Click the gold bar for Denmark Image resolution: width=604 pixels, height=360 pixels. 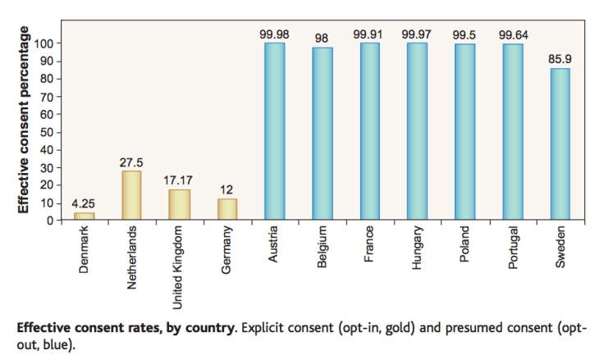coord(84,216)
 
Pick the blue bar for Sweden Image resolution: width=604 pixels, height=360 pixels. coord(559,144)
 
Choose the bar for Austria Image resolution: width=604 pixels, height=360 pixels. coord(273,131)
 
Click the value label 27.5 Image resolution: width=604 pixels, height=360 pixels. coord(131,162)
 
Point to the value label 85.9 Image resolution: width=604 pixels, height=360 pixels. coord(559,60)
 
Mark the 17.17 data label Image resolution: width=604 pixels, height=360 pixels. coord(180,180)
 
